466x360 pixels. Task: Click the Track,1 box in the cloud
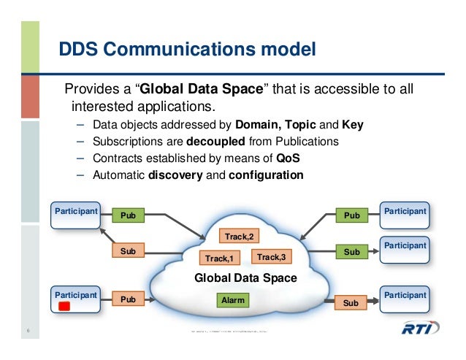click(x=219, y=258)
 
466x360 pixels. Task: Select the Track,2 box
click(x=239, y=237)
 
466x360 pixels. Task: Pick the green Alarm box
click(x=233, y=299)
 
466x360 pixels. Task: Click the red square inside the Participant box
click(x=64, y=307)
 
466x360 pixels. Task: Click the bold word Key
click(x=351, y=125)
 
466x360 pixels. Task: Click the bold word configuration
click(x=266, y=175)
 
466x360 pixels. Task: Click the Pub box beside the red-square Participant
click(x=129, y=299)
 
